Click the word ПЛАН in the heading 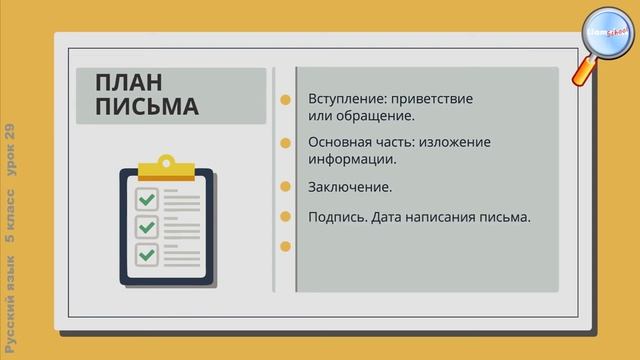[129, 83]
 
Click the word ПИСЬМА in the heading [146, 106]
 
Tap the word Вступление [344, 100]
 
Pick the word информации [353, 158]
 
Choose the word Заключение [350, 187]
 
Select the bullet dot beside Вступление [286, 100]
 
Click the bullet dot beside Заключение [286, 187]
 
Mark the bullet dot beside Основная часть [286, 142]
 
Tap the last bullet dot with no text [286, 245]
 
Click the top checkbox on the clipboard [147, 200]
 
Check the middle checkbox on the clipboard [147, 227]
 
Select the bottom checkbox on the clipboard [147, 254]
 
